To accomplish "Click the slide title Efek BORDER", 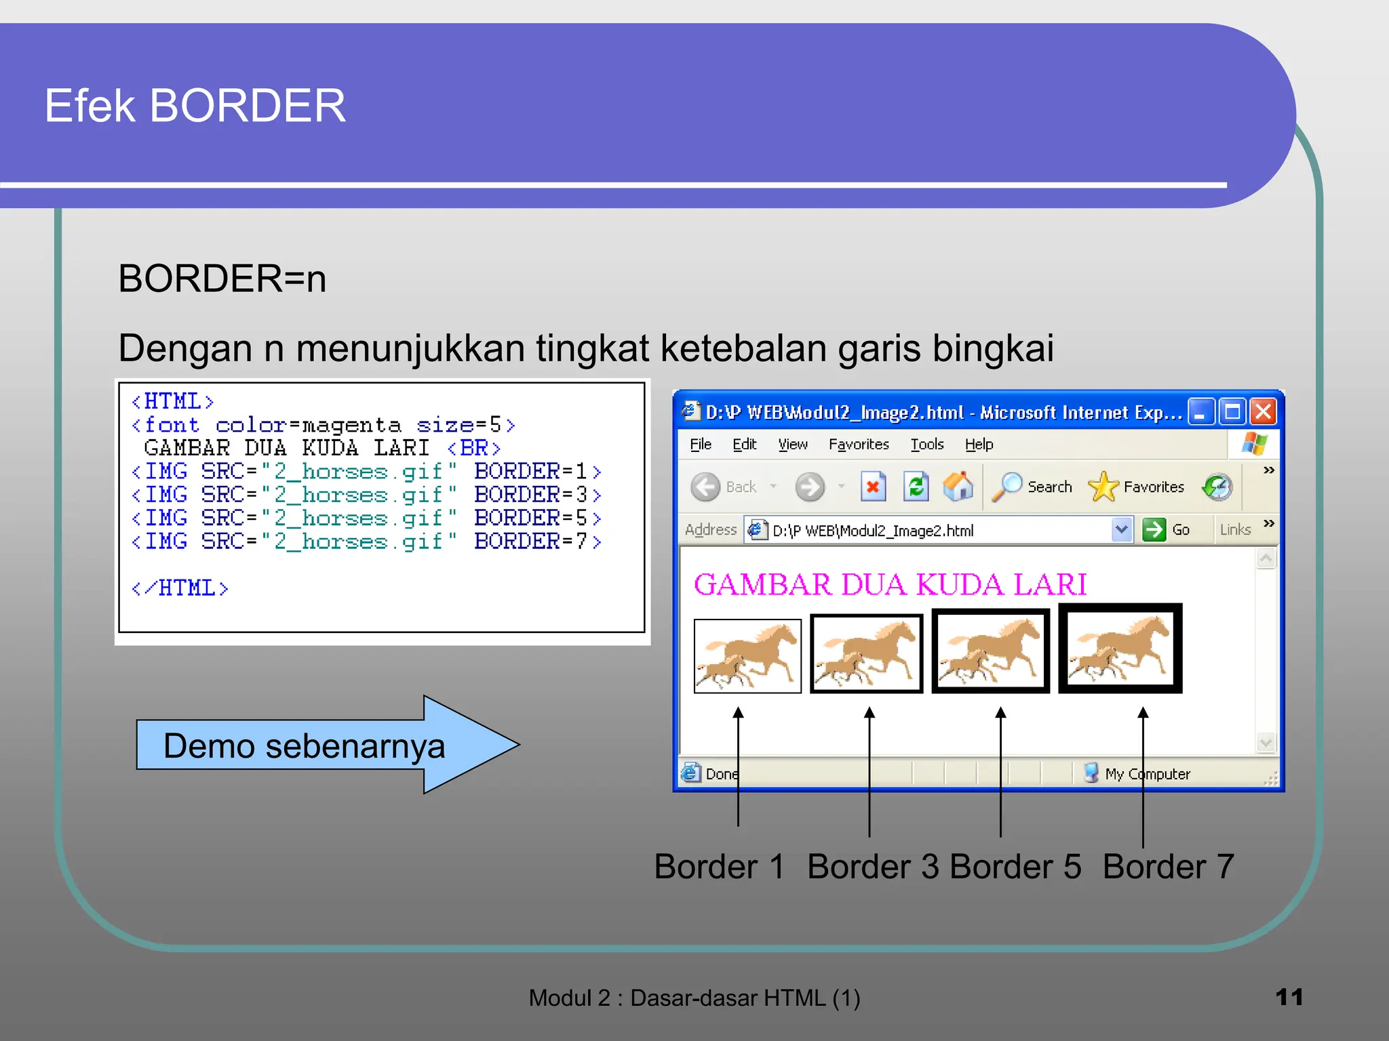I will point(195,106).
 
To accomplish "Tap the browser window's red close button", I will point(1264,411).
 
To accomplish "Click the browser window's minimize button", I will point(1200,411).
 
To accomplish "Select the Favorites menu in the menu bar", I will point(859,445).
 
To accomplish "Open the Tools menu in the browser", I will point(927,445).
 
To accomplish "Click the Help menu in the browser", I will point(979,445).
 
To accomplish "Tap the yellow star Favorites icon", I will point(1103,487).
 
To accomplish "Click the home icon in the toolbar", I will point(958,487).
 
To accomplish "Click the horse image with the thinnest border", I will point(747,655).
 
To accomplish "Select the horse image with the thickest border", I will point(1120,649).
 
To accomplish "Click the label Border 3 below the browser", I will point(873,866).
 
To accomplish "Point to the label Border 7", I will point(1168,866).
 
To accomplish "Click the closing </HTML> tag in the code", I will point(180,588).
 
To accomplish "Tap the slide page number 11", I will point(1289,997).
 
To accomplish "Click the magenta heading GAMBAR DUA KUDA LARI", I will point(890,584).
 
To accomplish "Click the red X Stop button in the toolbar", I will point(873,487).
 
